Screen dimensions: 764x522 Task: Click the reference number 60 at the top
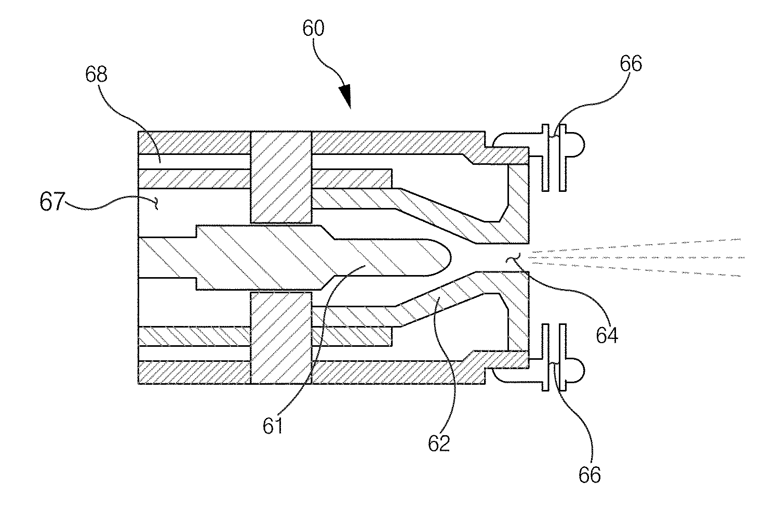tap(313, 29)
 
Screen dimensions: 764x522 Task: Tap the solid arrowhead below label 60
tap(346, 96)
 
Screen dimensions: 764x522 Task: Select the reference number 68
tap(96, 74)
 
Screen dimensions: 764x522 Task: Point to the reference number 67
tap(52, 202)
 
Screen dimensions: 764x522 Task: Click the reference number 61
tap(273, 425)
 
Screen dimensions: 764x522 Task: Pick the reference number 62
tap(439, 443)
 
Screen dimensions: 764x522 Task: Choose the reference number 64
tap(607, 335)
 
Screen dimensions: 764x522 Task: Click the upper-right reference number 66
tap(631, 63)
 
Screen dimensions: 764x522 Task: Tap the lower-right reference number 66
tap(589, 475)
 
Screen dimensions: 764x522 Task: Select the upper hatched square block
tap(281, 177)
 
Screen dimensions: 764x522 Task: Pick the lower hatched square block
tap(281, 338)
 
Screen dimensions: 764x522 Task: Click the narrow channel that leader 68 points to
tap(194, 162)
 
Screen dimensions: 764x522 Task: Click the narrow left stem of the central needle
tap(167, 257)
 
